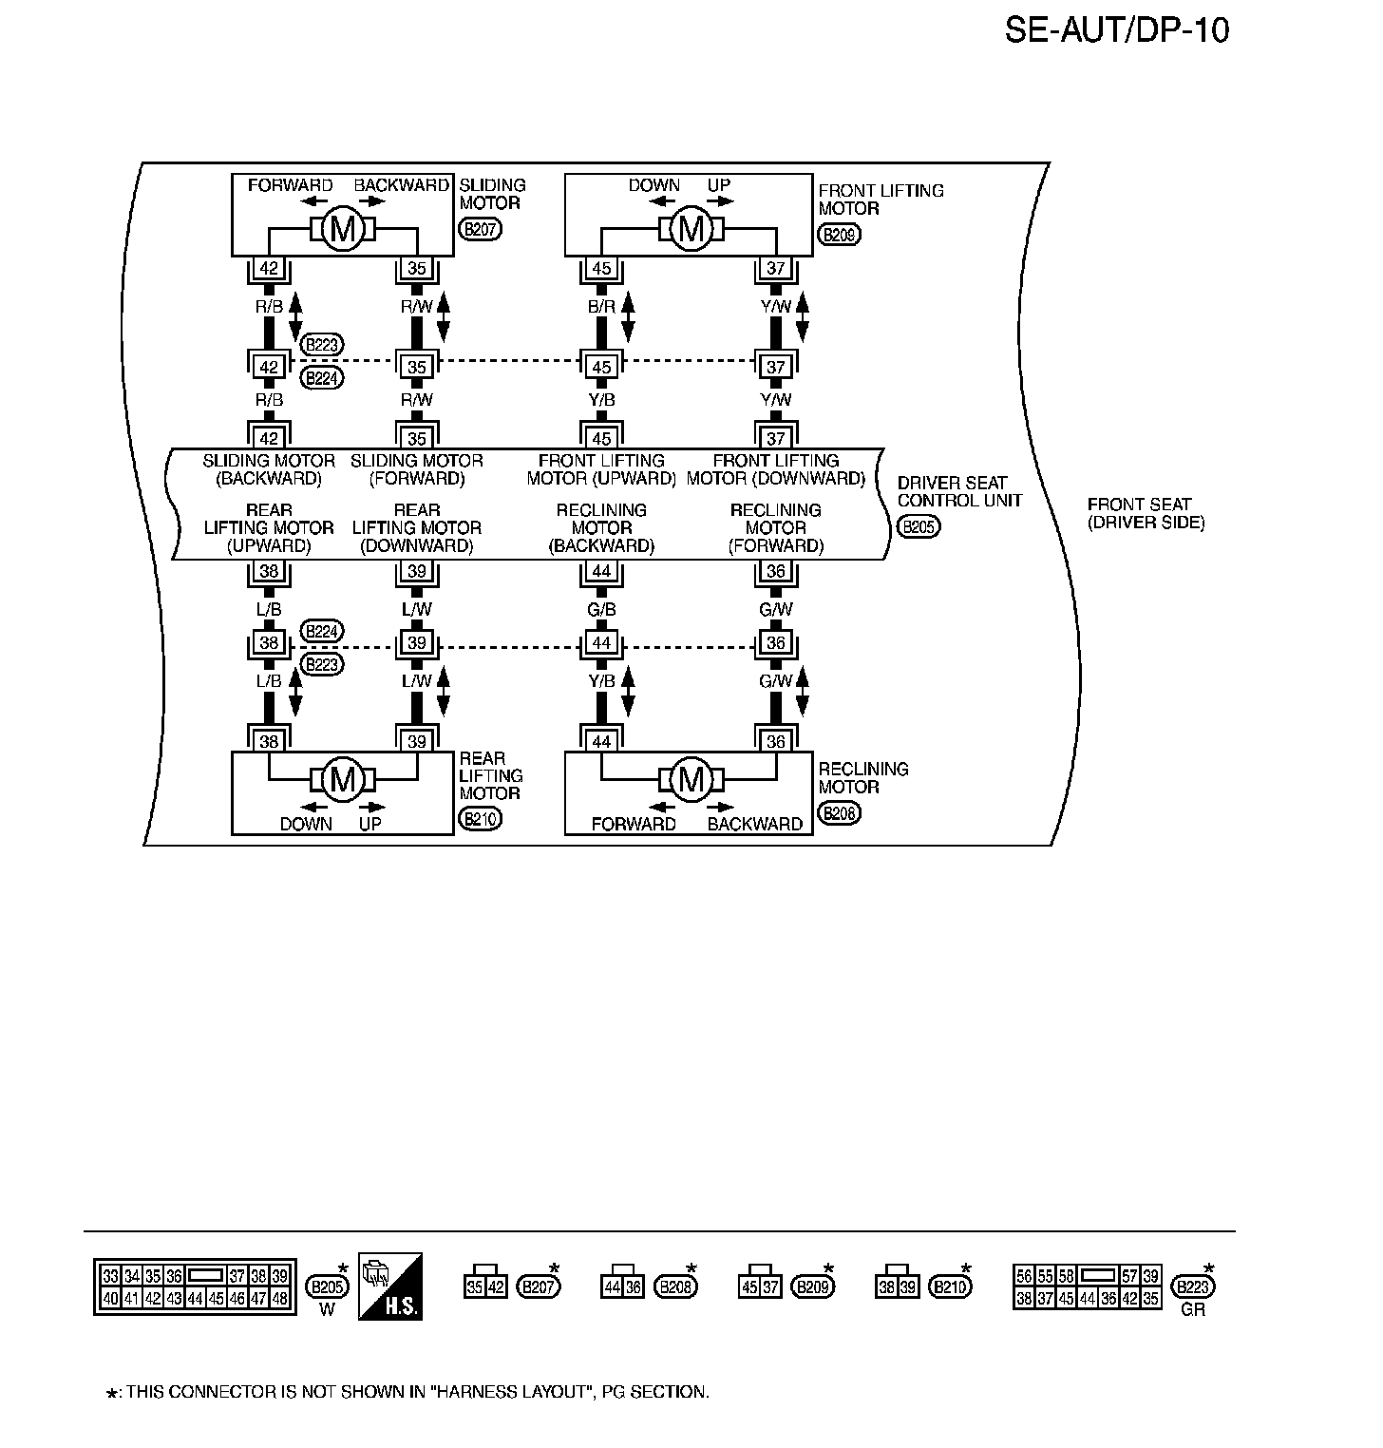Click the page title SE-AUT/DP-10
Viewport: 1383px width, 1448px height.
tap(1117, 30)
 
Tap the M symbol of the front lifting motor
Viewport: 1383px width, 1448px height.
tap(691, 229)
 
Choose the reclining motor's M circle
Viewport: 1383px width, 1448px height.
tap(691, 780)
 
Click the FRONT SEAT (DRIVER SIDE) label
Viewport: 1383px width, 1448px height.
tap(1146, 513)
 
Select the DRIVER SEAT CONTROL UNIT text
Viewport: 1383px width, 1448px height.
tap(958, 491)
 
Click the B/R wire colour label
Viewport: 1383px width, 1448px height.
tap(601, 307)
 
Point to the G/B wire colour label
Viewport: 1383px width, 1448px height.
tap(601, 609)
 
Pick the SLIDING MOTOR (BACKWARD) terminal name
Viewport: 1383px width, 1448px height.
tap(269, 469)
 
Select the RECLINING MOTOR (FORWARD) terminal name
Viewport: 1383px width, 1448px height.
tap(775, 527)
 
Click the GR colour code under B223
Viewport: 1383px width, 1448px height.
tap(1192, 1309)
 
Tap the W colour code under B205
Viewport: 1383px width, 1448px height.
tap(327, 1309)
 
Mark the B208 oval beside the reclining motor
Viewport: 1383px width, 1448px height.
tap(839, 813)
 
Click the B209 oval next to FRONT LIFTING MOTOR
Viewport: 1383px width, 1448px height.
tap(839, 234)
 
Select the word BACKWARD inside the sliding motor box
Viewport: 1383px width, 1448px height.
tap(401, 185)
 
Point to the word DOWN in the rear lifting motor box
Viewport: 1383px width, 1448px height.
tap(306, 824)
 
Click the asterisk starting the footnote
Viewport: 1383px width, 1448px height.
tap(112, 1394)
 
